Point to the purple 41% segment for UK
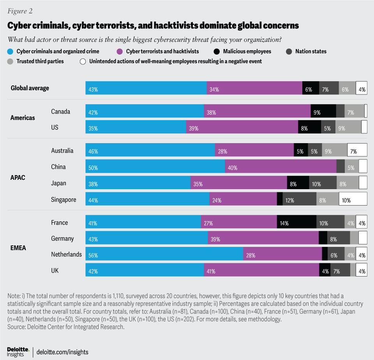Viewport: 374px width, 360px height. [261, 270]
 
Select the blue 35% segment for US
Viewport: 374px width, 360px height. [136, 127]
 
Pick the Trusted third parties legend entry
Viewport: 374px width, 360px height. [37, 61]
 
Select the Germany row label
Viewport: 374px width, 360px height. [62, 238]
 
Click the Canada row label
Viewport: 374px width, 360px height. [61, 112]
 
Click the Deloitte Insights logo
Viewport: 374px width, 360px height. [18, 352]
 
